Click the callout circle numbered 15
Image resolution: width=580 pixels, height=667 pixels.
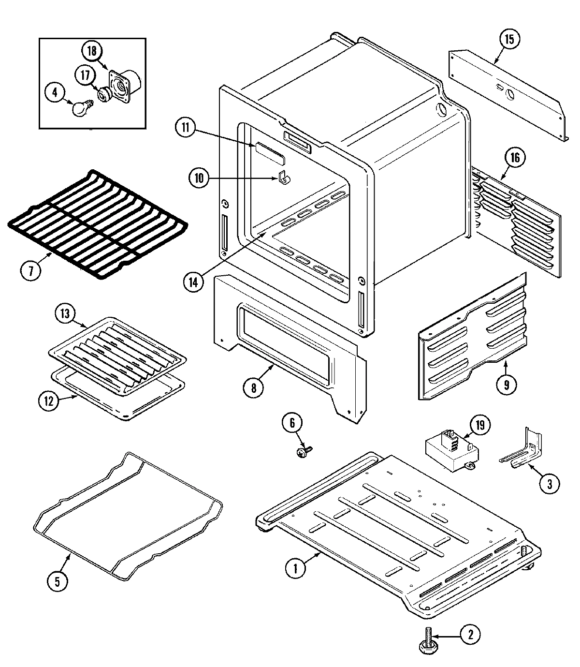click(x=509, y=39)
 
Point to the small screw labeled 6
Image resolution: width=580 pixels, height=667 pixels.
click(x=302, y=452)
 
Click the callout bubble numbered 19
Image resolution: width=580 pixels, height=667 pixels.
click(x=479, y=425)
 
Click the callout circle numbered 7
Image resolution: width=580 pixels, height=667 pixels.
click(x=31, y=271)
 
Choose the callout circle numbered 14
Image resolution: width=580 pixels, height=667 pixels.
click(x=193, y=283)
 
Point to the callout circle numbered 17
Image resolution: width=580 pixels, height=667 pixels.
click(x=85, y=76)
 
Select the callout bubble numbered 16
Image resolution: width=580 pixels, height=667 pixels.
click(x=515, y=158)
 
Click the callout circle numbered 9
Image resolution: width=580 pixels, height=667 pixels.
click(x=507, y=385)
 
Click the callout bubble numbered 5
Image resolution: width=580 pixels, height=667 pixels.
click(x=58, y=581)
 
